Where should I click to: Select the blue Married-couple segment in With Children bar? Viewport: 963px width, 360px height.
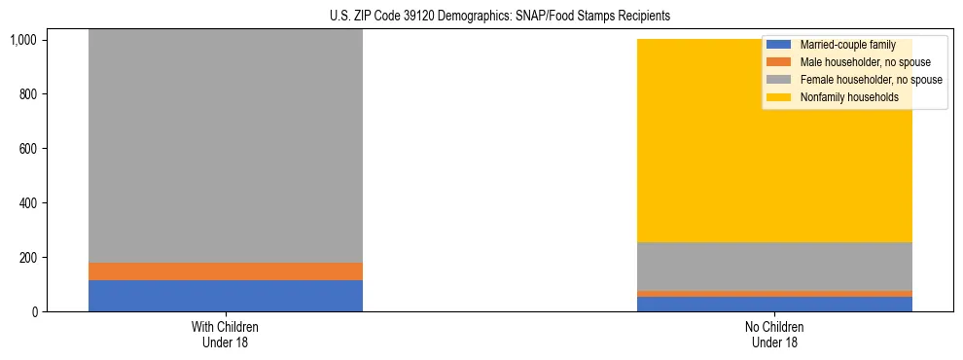tap(225, 296)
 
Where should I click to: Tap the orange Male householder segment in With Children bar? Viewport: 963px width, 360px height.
tap(225, 271)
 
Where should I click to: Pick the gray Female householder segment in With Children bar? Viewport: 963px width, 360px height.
tap(225, 146)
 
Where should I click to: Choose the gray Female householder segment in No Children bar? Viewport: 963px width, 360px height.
tap(774, 266)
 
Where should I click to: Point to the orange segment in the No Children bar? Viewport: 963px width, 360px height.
tap(774, 293)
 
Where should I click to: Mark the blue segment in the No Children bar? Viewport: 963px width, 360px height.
tap(774, 304)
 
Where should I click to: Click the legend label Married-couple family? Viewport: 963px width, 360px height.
tap(847, 45)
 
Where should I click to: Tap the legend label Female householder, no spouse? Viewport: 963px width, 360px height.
tap(871, 80)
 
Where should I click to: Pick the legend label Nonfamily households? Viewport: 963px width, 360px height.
tap(849, 97)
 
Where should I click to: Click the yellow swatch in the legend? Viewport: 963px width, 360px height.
tap(779, 97)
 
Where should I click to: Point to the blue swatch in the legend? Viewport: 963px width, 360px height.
tap(779, 45)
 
